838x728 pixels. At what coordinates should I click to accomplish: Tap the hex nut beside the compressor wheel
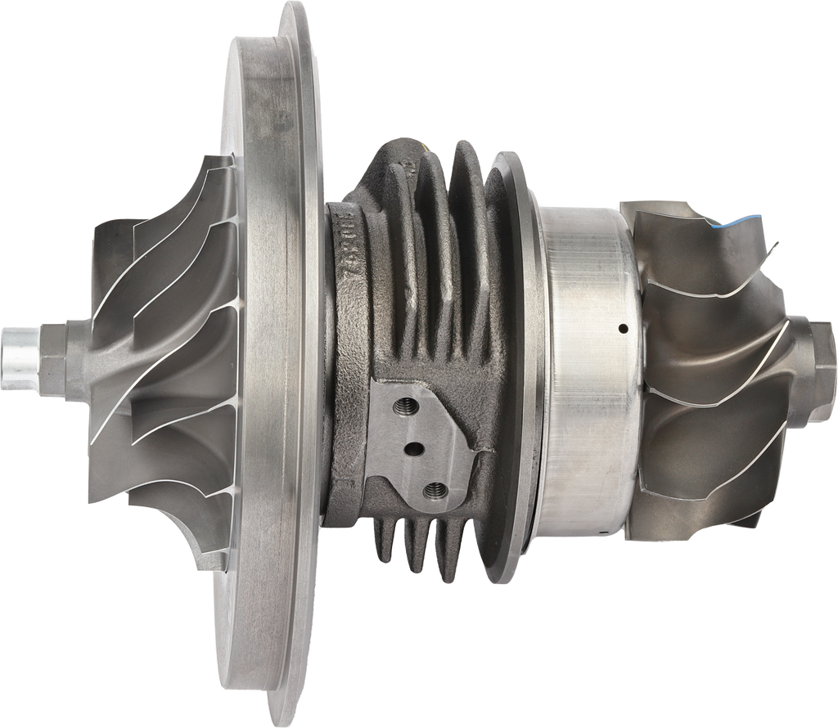(64, 358)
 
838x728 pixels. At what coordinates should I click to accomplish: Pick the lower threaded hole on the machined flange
(434, 490)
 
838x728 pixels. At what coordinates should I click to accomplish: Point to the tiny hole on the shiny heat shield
(623, 329)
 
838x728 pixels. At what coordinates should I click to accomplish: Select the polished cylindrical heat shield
(585, 368)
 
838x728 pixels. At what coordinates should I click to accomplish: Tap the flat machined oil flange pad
(426, 442)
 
